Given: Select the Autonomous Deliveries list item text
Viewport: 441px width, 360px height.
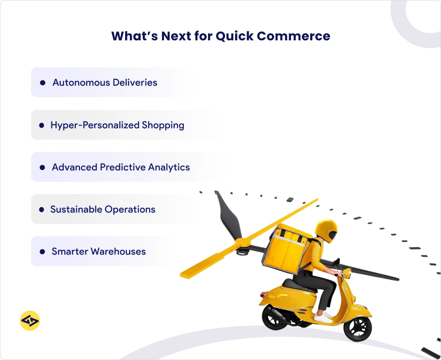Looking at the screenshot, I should pyautogui.click(x=105, y=82).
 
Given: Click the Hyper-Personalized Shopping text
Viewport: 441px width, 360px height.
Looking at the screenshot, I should pyautogui.click(x=117, y=125).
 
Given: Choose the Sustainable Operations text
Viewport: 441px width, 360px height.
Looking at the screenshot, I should pyautogui.click(x=102, y=209).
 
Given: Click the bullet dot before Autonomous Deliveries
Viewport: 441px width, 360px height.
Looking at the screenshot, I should pyautogui.click(x=43, y=82).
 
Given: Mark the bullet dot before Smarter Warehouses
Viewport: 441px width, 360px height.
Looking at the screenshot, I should pyautogui.click(x=42, y=251).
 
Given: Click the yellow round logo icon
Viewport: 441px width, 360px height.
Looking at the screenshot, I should pyautogui.click(x=30, y=320).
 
